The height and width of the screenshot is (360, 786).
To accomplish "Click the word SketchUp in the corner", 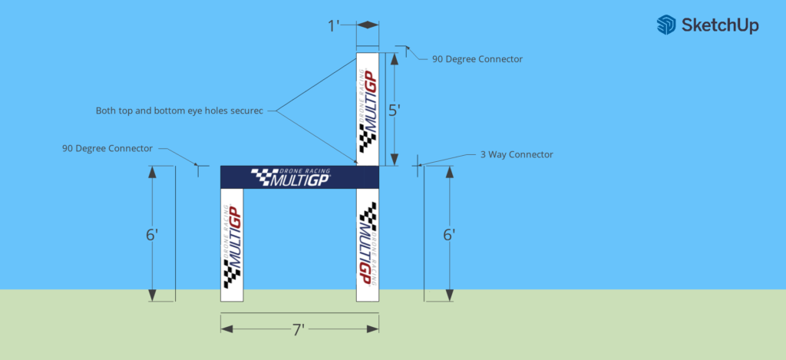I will (718, 25).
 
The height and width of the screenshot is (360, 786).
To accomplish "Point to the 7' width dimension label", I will (299, 330).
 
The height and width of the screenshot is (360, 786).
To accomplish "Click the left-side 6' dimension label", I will (152, 235).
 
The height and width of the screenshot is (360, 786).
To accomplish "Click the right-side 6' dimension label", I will (450, 235).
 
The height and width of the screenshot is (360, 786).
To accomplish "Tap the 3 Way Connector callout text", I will (517, 154).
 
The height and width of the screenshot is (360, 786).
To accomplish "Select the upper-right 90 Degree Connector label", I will (477, 58).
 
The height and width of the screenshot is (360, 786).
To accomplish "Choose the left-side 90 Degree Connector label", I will (107, 147).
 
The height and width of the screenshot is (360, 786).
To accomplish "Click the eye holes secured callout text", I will (180, 111).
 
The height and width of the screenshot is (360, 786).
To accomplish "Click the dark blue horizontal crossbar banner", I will (299, 177).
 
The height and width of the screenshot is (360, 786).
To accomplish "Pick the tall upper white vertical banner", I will (368, 107).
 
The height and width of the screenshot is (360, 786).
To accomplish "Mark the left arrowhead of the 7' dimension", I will (226, 329).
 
